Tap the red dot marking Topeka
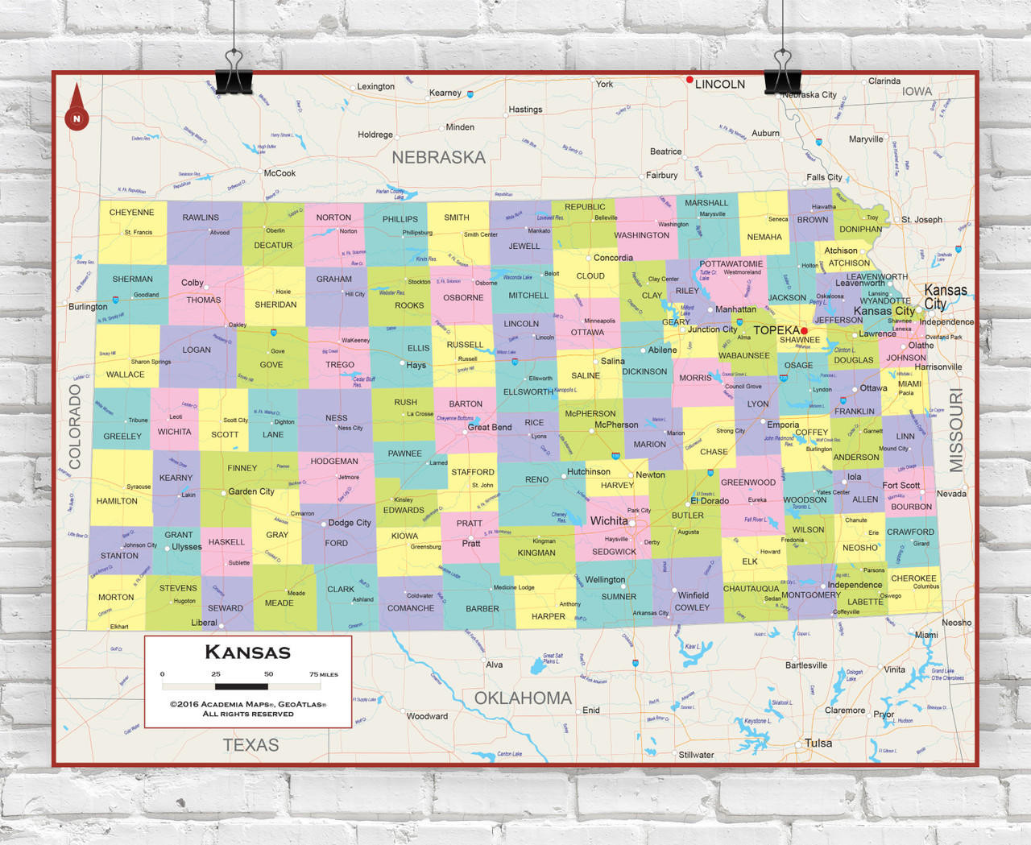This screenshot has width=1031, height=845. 804,330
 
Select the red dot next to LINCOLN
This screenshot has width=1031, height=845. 689,80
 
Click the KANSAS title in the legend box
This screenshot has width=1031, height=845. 247,652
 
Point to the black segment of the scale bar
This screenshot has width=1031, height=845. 242,686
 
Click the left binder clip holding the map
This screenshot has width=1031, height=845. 234,72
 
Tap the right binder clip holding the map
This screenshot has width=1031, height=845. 782,72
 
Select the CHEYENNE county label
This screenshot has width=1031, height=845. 131,213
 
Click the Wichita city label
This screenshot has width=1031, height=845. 608,521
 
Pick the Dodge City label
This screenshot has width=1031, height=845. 350,523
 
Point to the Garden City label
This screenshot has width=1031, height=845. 251,491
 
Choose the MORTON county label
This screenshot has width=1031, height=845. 116,598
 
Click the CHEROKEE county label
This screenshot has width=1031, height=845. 913,578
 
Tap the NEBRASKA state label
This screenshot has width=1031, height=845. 438,158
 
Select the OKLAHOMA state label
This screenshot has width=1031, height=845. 523,698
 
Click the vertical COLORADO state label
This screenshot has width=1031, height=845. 75,426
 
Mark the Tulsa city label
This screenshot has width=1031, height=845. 818,743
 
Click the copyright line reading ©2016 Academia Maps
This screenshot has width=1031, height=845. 247,704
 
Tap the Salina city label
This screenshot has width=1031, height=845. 612,361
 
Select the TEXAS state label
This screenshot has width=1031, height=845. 251,745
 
